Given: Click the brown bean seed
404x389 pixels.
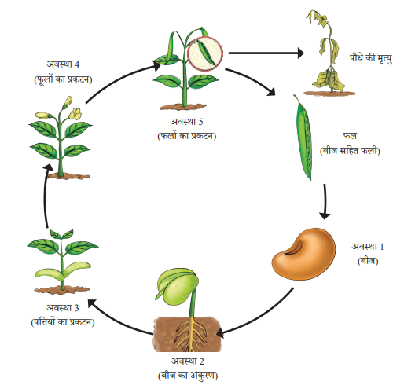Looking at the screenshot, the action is click(x=303, y=254).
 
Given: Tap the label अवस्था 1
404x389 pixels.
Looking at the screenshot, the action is click(x=367, y=247).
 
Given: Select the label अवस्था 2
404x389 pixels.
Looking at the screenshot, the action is click(x=188, y=361).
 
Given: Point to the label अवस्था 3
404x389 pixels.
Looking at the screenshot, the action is click(x=63, y=308).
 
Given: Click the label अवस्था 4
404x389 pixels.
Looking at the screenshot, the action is click(x=63, y=64).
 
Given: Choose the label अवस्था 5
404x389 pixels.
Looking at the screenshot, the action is click(x=187, y=121).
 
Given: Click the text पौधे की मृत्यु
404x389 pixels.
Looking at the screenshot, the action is click(x=371, y=58).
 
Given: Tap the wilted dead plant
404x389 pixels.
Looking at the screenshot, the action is click(x=329, y=53).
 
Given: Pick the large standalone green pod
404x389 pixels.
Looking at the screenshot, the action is click(x=304, y=138).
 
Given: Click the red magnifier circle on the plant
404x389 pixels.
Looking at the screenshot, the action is click(x=205, y=53).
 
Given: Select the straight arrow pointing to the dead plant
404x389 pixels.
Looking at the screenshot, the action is click(x=266, y=53).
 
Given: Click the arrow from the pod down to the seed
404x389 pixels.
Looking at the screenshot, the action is click(x=325, y=201).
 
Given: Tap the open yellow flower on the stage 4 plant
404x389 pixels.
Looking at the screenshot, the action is click(x=75, y=114).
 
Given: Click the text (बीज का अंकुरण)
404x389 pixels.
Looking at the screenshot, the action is click(x=188, y=376).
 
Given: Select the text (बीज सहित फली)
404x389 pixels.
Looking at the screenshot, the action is click(x=350, y=151).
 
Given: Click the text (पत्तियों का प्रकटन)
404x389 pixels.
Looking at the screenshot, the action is click(x=63, y=322).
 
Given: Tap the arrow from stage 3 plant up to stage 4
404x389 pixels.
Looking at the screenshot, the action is click(x=45, y=196).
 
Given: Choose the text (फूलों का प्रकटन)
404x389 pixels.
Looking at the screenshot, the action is click(x=63, y=79).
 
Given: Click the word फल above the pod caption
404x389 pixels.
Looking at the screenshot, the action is click(x=350, y=136).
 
